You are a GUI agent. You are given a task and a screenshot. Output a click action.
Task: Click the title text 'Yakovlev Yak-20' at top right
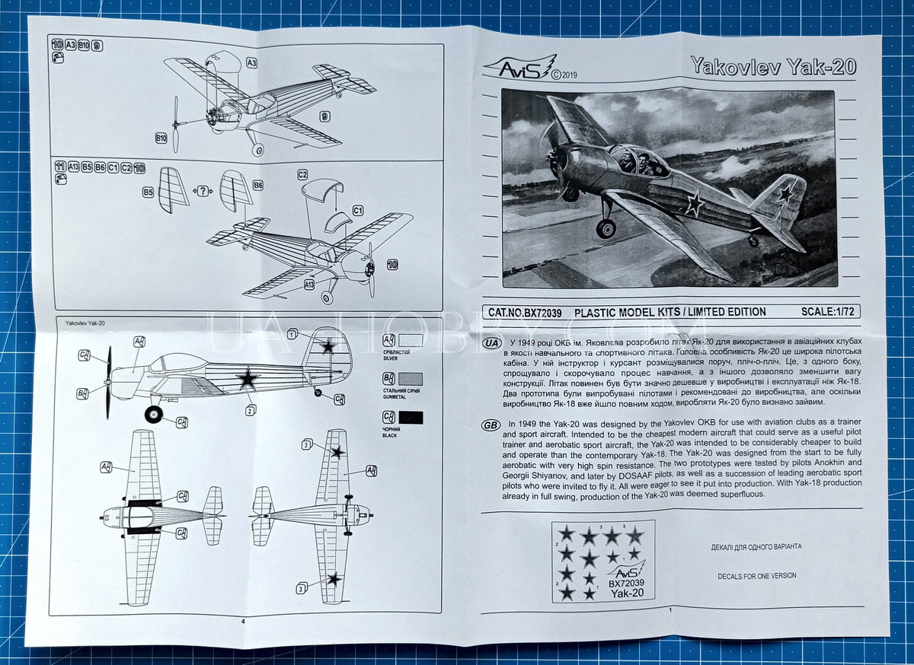click(772, 66)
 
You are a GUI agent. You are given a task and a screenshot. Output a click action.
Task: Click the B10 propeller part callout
click(161, 138)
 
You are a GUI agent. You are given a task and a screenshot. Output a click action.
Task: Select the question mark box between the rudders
click(203, 191)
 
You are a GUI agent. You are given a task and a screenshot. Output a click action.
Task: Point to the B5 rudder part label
click(149, 193)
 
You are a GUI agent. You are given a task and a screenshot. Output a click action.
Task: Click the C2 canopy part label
click(302, 174)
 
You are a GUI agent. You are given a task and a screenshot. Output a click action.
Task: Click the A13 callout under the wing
click(309, 285)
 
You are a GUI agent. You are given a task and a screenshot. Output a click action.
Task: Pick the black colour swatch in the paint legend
click(411, 417)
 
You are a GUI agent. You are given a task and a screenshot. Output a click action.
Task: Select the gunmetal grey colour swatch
click(411, 379)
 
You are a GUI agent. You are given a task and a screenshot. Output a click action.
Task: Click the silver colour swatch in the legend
click(411, 340)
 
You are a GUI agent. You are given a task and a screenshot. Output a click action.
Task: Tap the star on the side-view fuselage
click(247, 378)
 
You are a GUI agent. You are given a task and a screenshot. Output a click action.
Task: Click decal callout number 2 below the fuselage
click(250, 410)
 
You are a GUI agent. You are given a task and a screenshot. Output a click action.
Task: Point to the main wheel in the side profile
click(154, 415)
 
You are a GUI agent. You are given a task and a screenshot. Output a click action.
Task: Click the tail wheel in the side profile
click(318, 393)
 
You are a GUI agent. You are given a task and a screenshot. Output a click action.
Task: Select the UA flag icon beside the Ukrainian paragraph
click(491, 342)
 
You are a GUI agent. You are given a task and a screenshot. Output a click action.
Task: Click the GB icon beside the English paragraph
click(491, 425)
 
